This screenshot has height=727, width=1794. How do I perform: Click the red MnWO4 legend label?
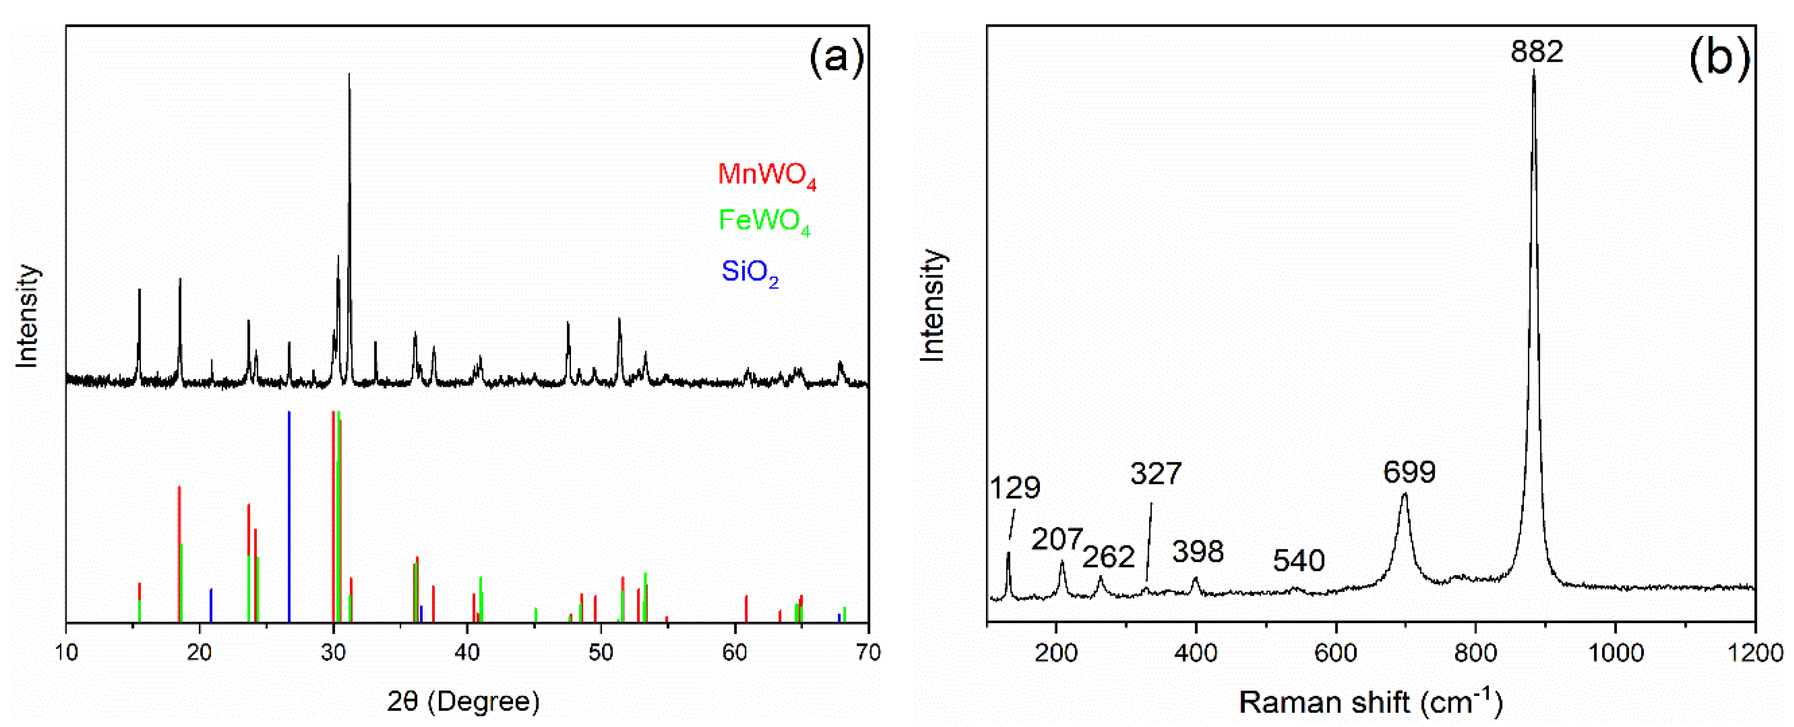766,174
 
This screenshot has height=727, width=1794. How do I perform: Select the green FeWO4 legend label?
764,221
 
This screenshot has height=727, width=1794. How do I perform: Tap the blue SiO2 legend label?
750,272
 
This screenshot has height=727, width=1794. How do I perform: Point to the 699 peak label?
1409,472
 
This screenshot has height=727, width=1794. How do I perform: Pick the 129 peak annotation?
1015,487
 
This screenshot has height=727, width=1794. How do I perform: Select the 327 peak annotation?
1155,474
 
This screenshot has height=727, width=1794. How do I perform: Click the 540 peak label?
1298,561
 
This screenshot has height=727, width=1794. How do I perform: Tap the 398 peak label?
1197,551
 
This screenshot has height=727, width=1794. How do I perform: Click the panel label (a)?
836,57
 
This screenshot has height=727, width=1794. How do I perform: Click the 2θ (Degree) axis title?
463,701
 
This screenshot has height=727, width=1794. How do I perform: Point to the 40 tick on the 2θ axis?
467,652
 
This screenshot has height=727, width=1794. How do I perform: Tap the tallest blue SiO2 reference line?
289,515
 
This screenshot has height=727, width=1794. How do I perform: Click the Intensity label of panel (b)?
933,304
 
